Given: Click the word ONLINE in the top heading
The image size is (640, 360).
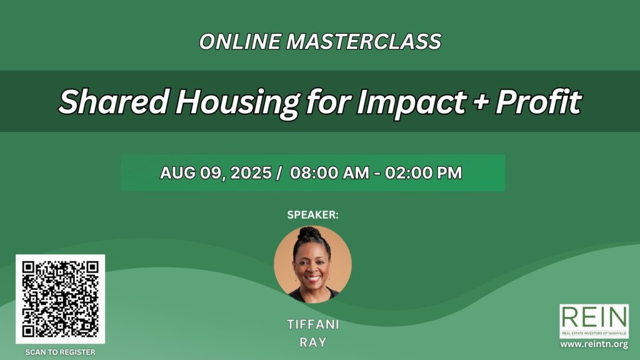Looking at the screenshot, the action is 240,42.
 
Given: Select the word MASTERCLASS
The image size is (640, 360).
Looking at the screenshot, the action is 364,42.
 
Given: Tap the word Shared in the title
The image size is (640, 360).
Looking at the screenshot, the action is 114,102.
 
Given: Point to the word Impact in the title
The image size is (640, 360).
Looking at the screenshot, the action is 411,102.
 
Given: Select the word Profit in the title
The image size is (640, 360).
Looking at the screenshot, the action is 539,102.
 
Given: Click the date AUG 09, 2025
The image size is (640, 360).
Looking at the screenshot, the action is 216,173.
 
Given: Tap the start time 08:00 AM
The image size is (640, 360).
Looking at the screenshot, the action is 329,173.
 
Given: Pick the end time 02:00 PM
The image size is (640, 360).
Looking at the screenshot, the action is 423,173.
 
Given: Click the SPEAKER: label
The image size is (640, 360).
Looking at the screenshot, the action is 312,215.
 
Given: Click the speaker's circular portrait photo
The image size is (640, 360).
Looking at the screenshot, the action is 312,264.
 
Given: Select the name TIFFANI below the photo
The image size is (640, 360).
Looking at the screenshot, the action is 313,324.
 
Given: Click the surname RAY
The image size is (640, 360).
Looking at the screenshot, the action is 313,342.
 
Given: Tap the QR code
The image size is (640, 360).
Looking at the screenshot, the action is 61,299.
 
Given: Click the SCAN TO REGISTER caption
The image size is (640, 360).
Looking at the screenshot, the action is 61,352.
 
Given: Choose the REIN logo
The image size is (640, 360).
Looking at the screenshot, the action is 594,321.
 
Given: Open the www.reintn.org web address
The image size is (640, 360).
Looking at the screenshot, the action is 594,344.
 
